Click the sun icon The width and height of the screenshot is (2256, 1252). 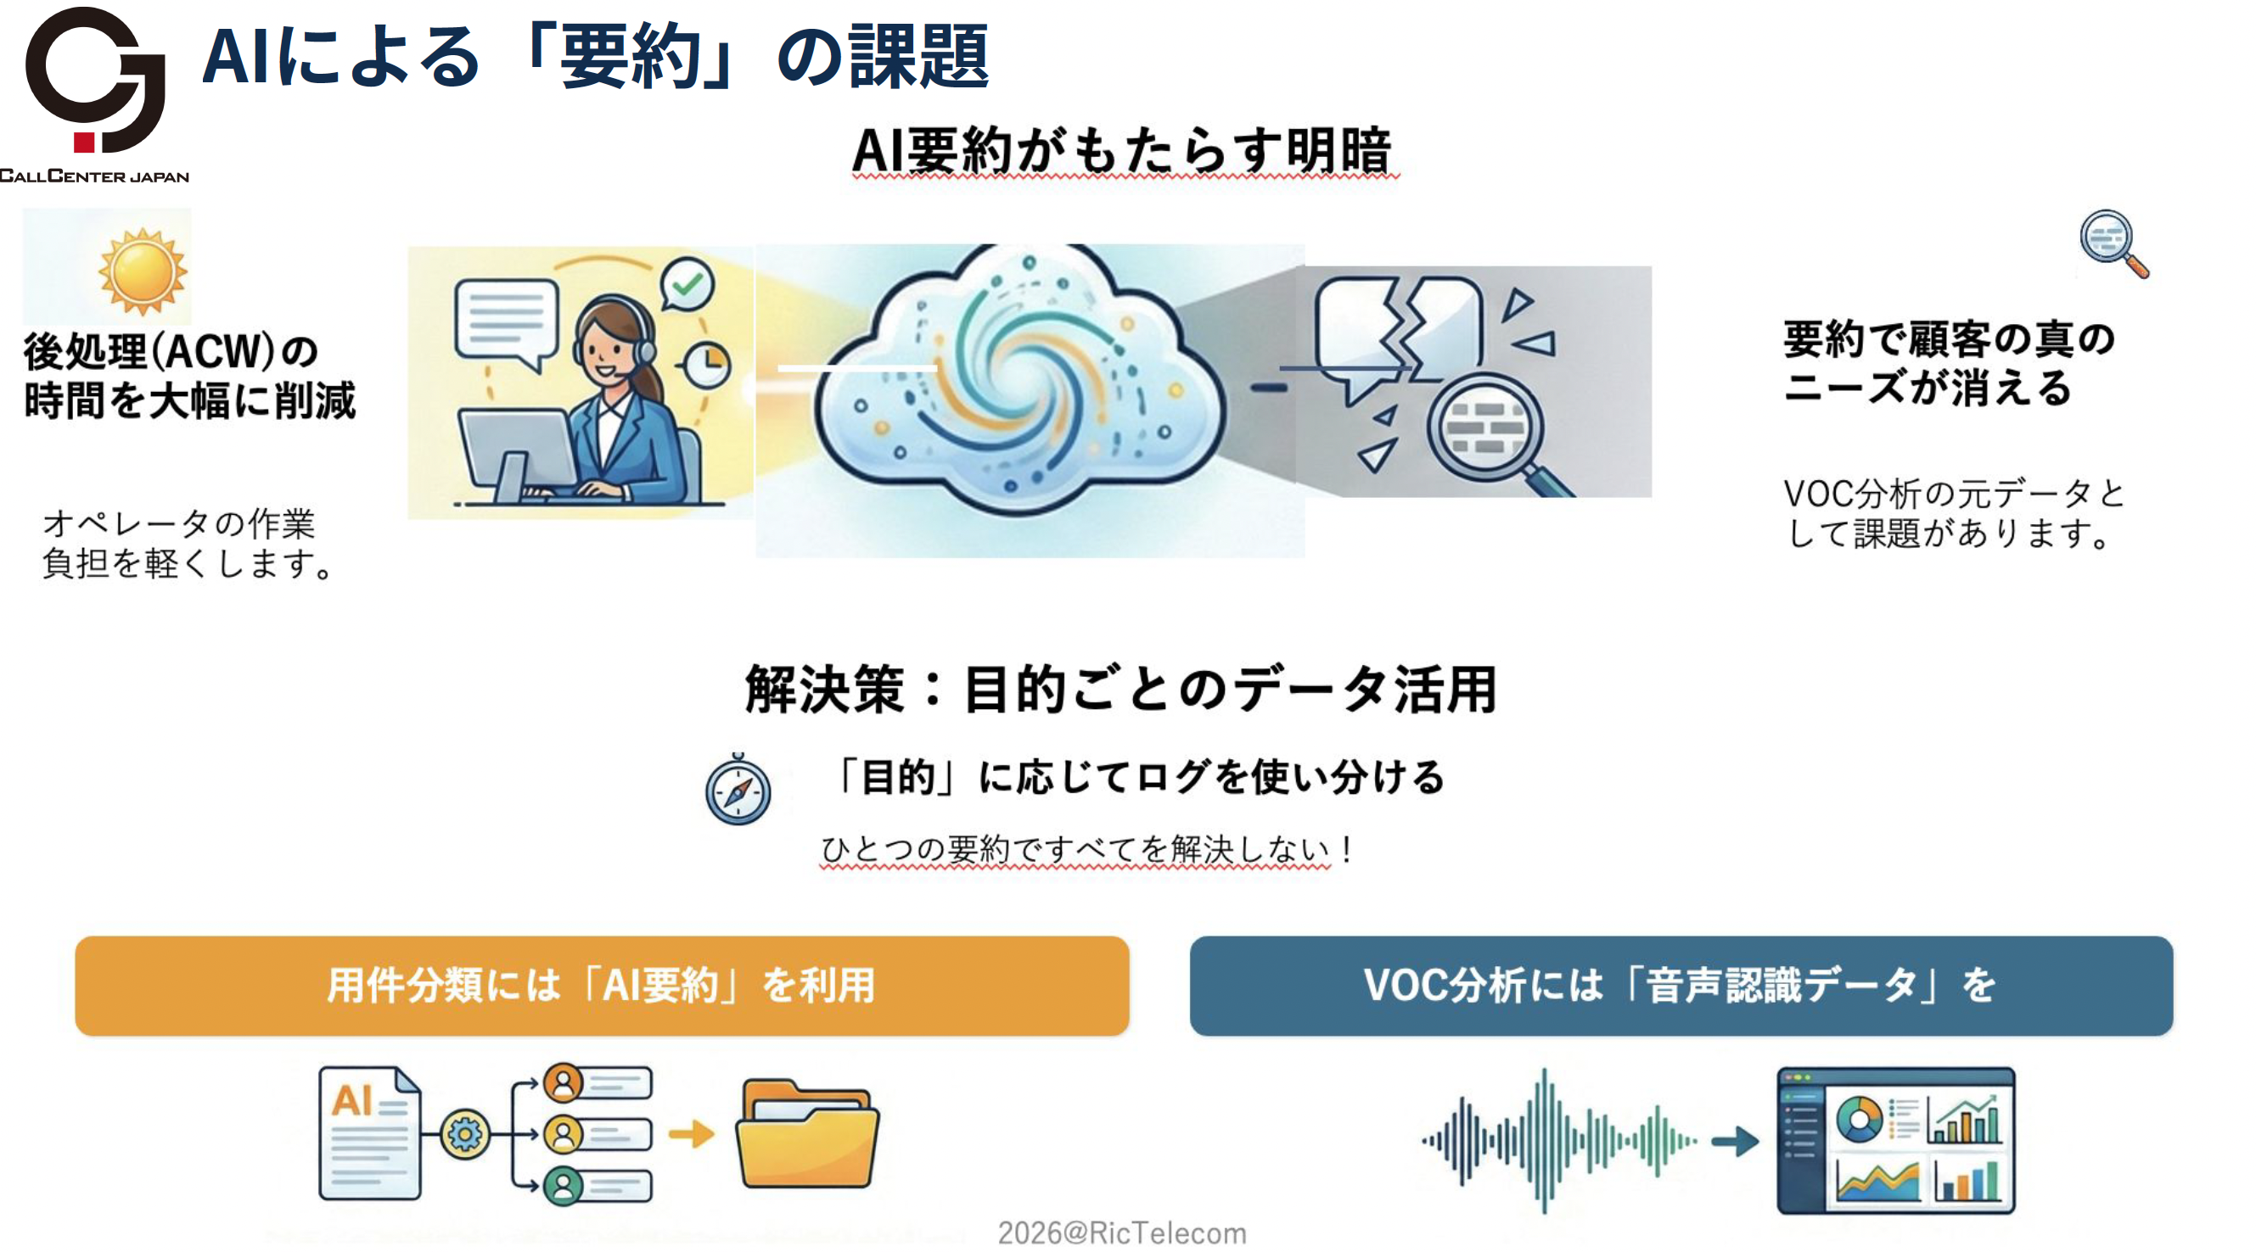pyautogui.click(x=143, y=271)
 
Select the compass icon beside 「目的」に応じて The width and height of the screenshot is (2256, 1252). pyautogui.click(x=738, y=791)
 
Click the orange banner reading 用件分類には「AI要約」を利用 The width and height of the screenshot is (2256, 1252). pyautogui.click(x=602, y=985)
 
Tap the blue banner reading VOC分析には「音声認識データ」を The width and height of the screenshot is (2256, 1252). pyautogui.click(x=1680, y=985)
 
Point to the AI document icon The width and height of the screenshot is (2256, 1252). pyautogui.click(x=368, y=1132)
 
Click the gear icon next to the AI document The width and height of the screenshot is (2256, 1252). pyautogui.click(x=464, y=1134)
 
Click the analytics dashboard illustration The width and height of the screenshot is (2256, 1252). pyautogui.click(x=1895, y=1139)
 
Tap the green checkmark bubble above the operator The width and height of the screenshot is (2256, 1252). pyautogui.click(x=687, y=283)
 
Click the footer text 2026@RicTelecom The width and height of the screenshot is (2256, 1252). pyautogui.click(x=1122, y=1232)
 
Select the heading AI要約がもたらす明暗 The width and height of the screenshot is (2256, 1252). pyautogui.click(x=1122, y=151)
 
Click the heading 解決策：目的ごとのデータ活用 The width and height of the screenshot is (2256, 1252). pyautogui.click(x=1120, y=689)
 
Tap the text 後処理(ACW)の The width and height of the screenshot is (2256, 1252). pyautogui.click(x=171, y=352)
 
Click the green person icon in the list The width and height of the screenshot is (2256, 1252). pyautogui.click(x=563, y=1187)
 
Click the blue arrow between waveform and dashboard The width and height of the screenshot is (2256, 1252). pyautogui.click(x=1735, y=1140)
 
